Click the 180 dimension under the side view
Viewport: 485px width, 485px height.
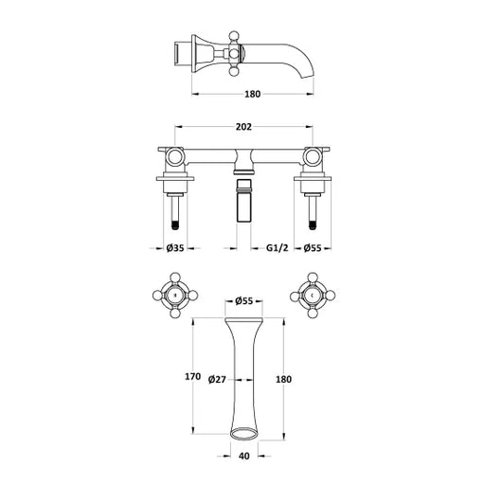253,94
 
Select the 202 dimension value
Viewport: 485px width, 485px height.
243,127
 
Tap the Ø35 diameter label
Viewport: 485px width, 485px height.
175,248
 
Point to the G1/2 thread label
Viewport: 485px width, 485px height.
278,248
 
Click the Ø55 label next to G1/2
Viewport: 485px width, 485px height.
313,248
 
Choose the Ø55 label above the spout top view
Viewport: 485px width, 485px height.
244,301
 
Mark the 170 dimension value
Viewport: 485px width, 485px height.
192,376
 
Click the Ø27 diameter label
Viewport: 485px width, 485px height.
217,379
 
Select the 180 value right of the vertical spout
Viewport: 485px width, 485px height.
283,379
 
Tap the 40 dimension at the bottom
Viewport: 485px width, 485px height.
244,456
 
